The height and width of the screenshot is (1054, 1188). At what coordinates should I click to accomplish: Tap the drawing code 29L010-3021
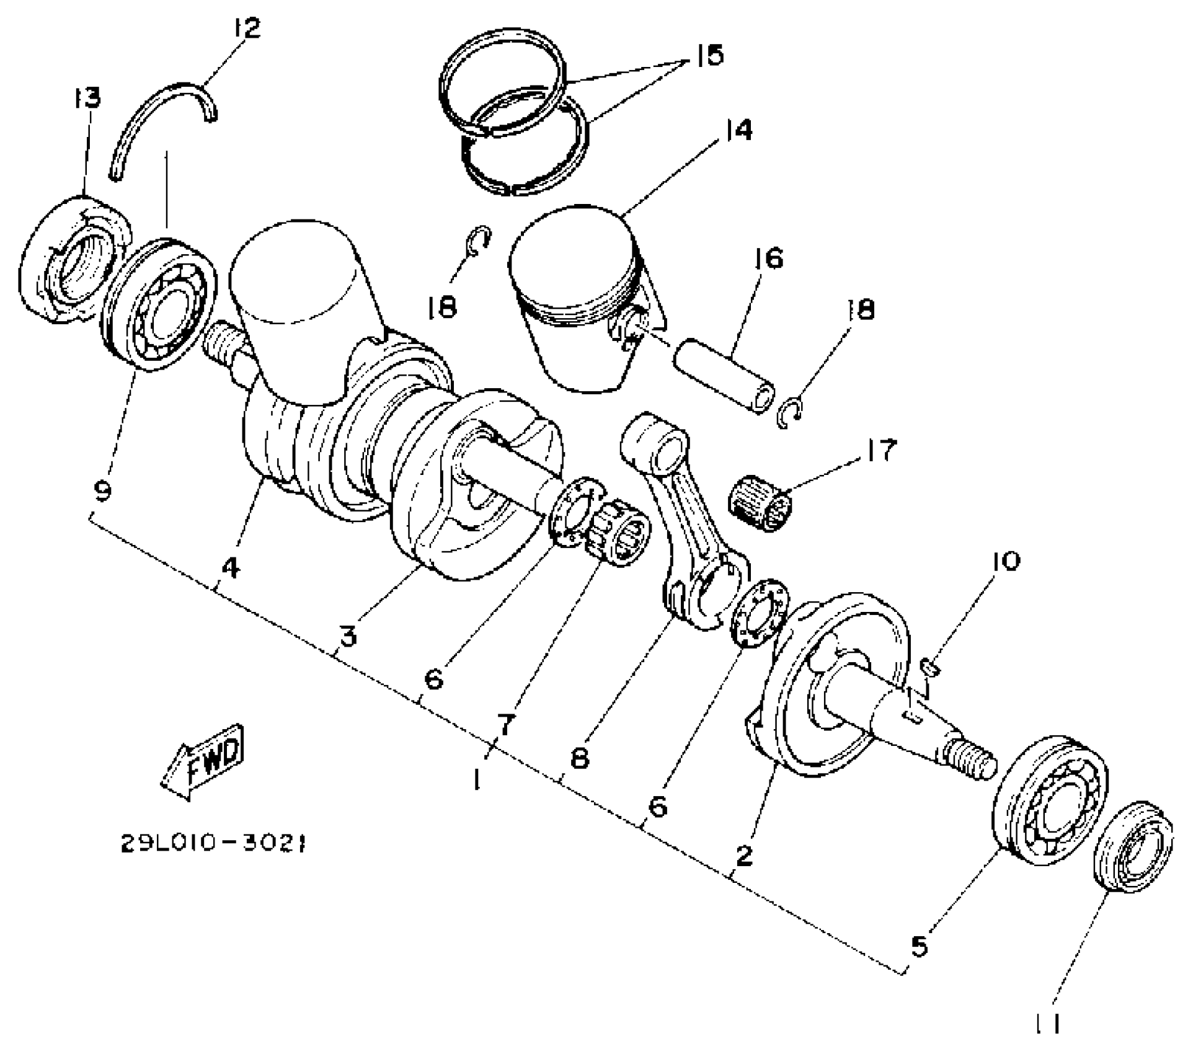[x=214, y=844]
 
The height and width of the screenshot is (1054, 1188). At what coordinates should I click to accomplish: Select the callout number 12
[x=246, y=28]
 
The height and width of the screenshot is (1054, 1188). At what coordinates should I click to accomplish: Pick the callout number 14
[x=736, y=130]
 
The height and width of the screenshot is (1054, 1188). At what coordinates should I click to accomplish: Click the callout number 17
[x=881, y=450]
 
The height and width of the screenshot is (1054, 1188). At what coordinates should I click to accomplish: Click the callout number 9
[x=103, y=492]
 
